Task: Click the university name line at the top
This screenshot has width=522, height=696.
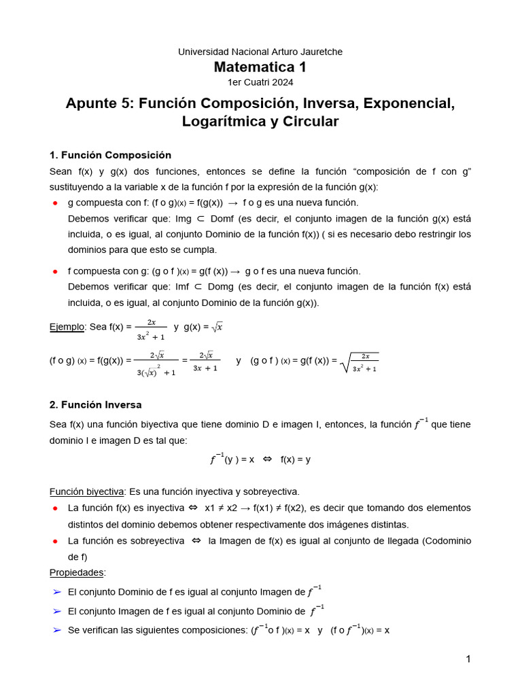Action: (260, 52)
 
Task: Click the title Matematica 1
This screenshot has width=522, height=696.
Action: (260, 67)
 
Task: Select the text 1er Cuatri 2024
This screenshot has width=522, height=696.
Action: (260, 82)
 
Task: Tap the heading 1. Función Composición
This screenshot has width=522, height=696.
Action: (110, 155)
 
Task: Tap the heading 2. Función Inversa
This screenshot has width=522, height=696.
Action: (96, 404)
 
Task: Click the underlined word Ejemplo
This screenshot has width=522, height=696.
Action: (67, 327)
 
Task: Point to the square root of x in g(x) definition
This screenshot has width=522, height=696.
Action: (217, 327)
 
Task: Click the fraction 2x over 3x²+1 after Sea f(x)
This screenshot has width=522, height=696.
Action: (152, 329)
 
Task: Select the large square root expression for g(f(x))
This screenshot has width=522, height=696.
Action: (360, 362)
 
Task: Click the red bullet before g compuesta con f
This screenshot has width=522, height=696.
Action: (54, 203)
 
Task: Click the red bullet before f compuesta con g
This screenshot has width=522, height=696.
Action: (54, 271)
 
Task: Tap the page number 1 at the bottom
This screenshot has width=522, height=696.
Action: (468, 659)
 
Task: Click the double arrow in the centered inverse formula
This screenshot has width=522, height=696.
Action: (267, 459)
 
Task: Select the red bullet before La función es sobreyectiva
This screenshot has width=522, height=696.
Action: (54, 541)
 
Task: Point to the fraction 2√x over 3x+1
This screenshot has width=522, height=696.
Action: (205, 362)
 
